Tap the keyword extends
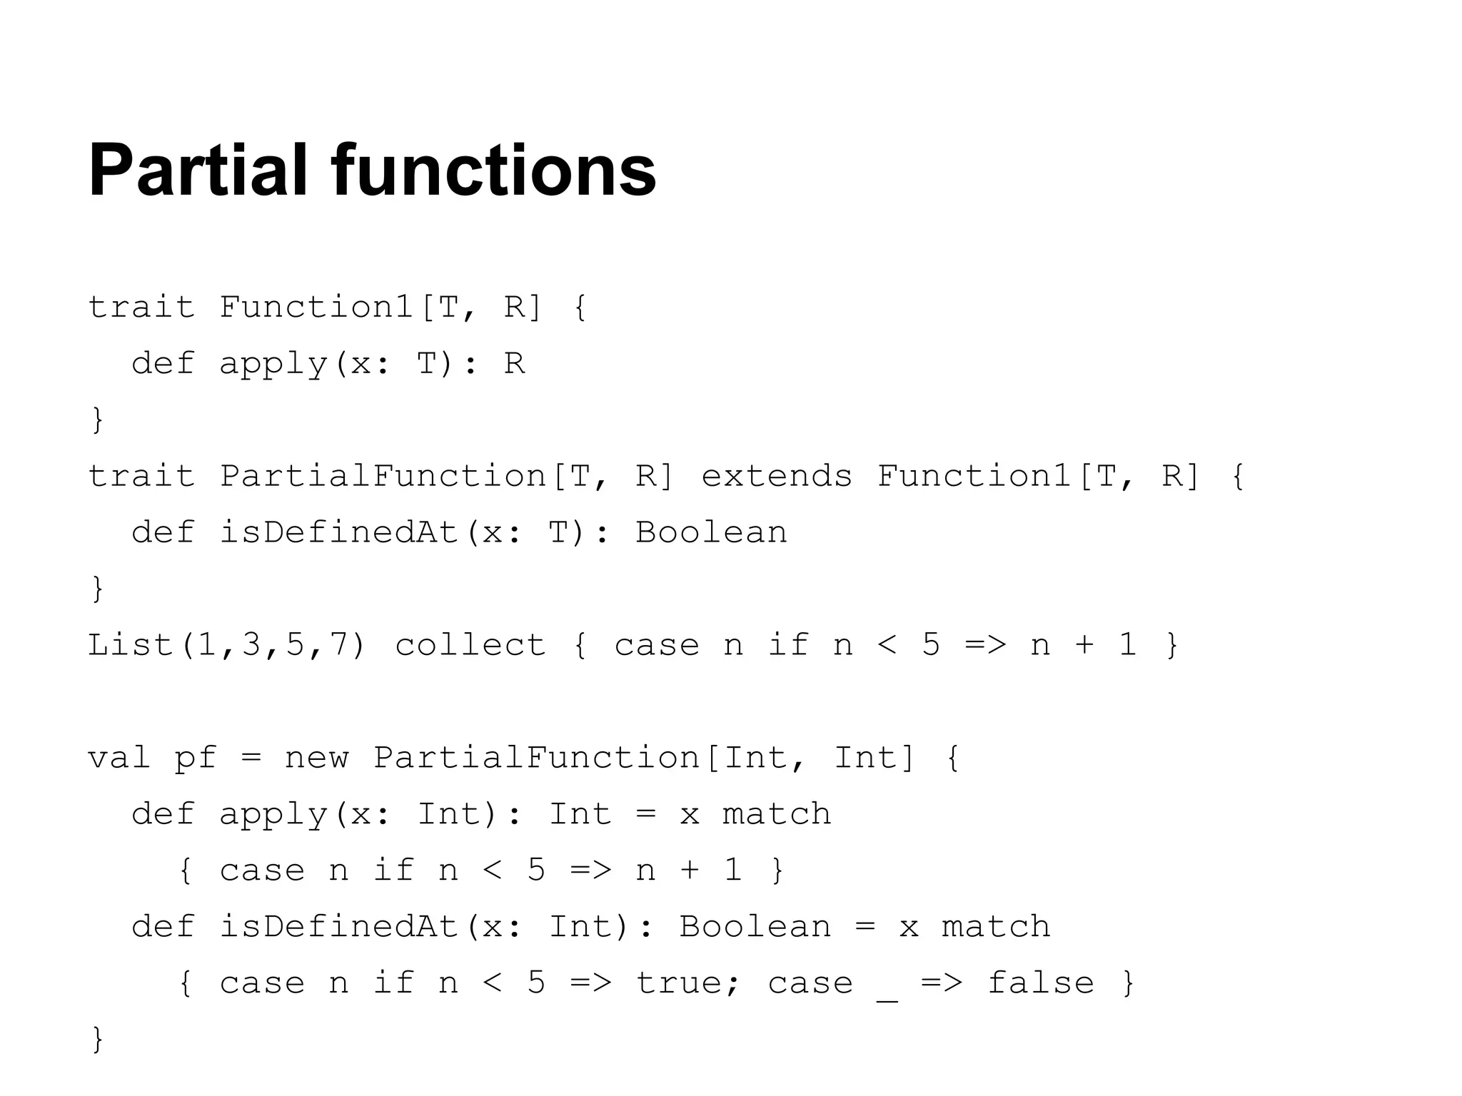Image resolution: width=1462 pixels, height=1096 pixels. click(777, 476)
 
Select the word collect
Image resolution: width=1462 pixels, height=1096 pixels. click(470, 645)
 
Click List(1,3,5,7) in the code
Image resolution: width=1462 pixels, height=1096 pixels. click(226, 645)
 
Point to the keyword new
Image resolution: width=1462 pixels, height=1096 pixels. click(316, 758)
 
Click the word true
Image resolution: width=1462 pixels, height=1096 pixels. click(679, 983)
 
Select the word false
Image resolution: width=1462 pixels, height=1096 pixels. click(1040, 983)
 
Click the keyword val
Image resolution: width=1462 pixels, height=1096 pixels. click(119, 758)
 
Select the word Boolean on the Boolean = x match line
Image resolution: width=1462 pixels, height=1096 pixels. click(755, 927)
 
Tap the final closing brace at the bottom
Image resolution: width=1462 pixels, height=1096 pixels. click(98, 1039)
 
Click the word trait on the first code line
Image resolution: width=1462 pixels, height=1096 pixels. click(141, 308)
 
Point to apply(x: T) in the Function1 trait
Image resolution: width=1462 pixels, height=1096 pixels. click(339, 364)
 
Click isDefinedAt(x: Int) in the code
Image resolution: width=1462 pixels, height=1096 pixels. click(425, 927)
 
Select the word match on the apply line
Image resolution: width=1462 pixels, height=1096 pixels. click(776, 814)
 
